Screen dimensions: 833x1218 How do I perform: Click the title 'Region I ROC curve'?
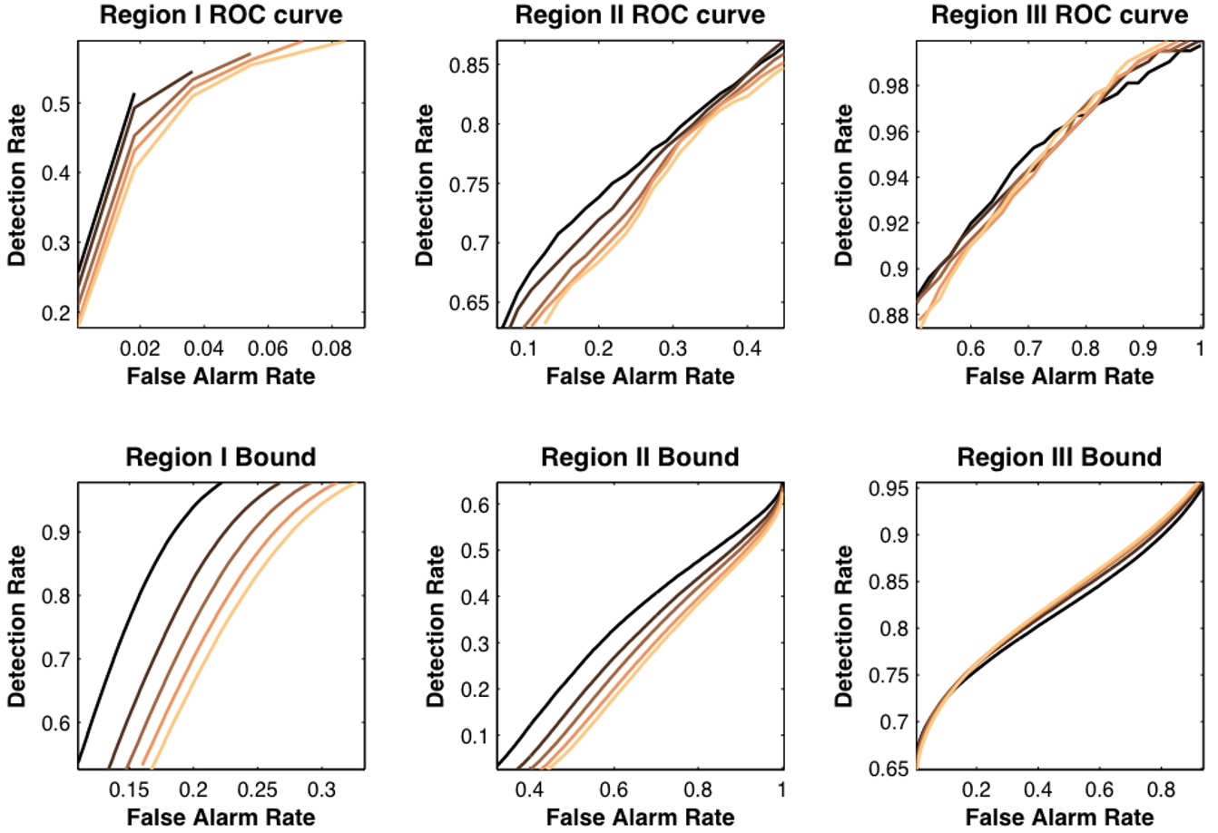coord(221,15)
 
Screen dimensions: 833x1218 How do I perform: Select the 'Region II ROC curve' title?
coord(640,15)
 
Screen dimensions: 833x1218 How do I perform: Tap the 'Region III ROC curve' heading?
coord(1059,15)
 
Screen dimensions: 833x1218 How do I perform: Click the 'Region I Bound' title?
coord(221,456)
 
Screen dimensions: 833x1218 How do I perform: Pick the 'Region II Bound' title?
coord(640,456)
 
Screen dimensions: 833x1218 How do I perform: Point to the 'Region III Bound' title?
coord(1059,456)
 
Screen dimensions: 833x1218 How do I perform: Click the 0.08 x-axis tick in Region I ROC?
coord(331,348)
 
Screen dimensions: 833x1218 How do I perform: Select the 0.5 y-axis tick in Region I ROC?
coord(56,103)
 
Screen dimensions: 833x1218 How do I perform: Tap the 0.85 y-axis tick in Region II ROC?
coord(470,65)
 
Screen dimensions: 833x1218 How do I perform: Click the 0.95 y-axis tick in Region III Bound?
coord(889,489)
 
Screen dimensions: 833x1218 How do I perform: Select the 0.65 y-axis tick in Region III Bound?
coord(889,768)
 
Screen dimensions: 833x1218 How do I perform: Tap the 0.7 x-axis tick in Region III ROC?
coord(1027,348)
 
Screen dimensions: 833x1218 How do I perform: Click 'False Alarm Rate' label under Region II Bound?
coord(640,817)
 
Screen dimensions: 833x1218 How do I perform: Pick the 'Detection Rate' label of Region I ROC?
coord(16,184)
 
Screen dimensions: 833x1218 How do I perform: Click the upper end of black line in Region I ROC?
coord(134,93)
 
